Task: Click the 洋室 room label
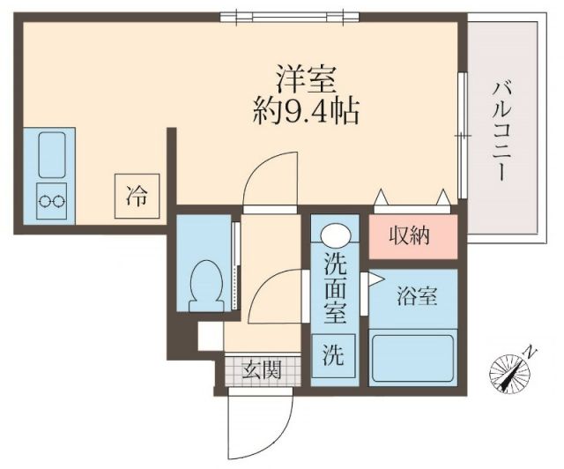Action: pos(306,80)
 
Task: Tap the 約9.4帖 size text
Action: pos(306,112)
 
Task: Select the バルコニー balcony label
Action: pos(501,130)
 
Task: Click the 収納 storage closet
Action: pos(411,236)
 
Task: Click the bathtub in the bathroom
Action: pos(411,356)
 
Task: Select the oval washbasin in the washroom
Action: pos(334,235)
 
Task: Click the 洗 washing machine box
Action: pos(333,357)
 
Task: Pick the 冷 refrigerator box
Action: pos(136,193)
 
